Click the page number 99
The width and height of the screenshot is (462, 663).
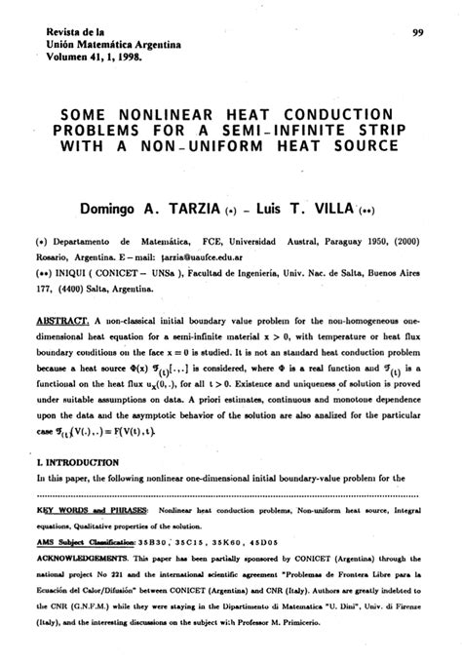tap(417, 33)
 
